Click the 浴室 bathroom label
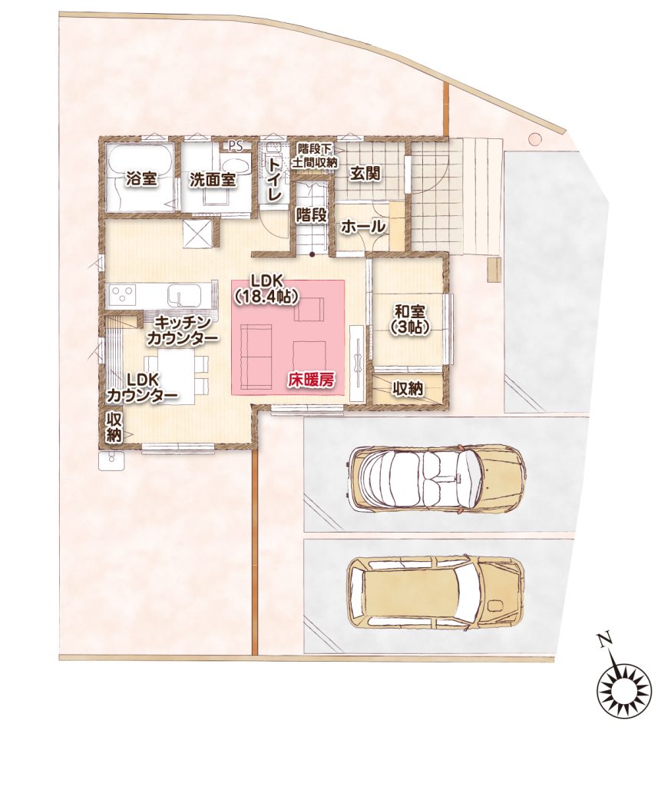[x=141, y=179]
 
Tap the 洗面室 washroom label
[x=213, y=181]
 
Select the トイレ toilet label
[x=274, y=179]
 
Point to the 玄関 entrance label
[x=365, y=174]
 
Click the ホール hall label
[x=364, y=227]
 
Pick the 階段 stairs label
[x=312, y=215]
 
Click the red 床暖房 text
[x=310, y=380]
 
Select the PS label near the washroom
[x=235, y=146]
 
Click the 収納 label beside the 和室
[x=408, y=388]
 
